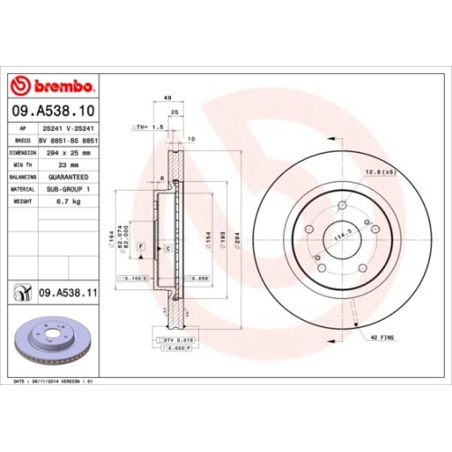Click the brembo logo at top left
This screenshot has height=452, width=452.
[x=51, y=87]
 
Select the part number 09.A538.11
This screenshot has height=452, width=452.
[x=68, y=291]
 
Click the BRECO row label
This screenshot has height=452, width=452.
[x=22, y=142]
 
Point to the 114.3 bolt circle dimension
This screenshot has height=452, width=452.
[x=344, y=236]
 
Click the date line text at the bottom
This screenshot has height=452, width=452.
[x=54, y=382]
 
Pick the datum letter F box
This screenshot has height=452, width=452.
[x=142, y=246]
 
